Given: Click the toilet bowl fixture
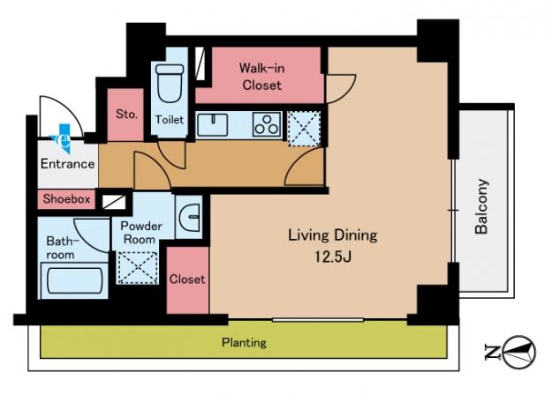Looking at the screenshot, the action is click(x=170, y=83).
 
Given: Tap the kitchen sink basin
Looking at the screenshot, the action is click(x=212, y=124).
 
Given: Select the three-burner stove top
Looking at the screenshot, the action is click(x=267, y=124).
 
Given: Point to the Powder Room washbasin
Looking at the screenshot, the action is click(x=190, y=218).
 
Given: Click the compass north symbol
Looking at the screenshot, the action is click(x=519, y=352).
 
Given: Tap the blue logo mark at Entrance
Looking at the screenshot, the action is click(x=63, y=138).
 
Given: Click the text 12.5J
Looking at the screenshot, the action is click(x=333, y=257).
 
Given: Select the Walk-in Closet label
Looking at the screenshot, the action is click(x=262, y=77).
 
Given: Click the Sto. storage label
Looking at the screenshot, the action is click(x=126, y=115).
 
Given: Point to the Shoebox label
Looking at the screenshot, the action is click(x=66, y=199).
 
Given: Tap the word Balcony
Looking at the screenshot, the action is click(x=481, y=206).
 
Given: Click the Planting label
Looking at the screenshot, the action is click(x=244, y=342).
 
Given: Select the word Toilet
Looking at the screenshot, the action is click(x=170, y=120).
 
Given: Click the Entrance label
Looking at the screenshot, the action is click(x=68, y=164).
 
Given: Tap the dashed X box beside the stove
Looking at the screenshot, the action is click(x=304, y=128).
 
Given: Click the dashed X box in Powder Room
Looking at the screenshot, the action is click(x=137, y=267).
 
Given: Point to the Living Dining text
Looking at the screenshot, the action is click(x=333, y=235).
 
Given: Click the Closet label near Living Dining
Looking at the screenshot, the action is click(x=187, y=279).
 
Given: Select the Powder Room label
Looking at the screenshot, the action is click(x=141, y=233).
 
